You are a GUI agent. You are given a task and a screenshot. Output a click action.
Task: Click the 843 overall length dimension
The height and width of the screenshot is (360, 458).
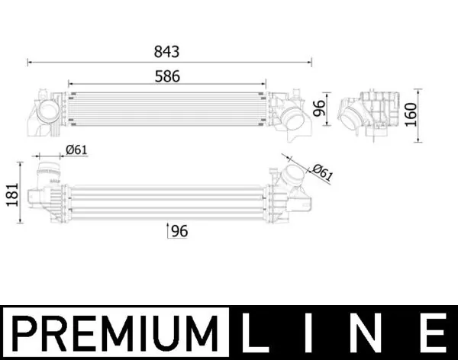[x=166, y=52]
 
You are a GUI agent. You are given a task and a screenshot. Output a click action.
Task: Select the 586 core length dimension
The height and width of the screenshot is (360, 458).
[x=166, y=76]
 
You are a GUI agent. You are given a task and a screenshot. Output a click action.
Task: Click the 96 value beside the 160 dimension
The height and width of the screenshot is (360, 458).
[x=320, y=108]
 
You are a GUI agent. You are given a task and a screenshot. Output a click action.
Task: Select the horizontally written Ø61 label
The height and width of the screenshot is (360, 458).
[x=76, y=149]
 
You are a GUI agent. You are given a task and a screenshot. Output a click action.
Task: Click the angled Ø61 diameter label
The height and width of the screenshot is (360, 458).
[x=323, y=172]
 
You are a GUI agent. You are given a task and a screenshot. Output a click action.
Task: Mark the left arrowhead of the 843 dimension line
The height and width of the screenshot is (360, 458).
[x=29, y=60]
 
